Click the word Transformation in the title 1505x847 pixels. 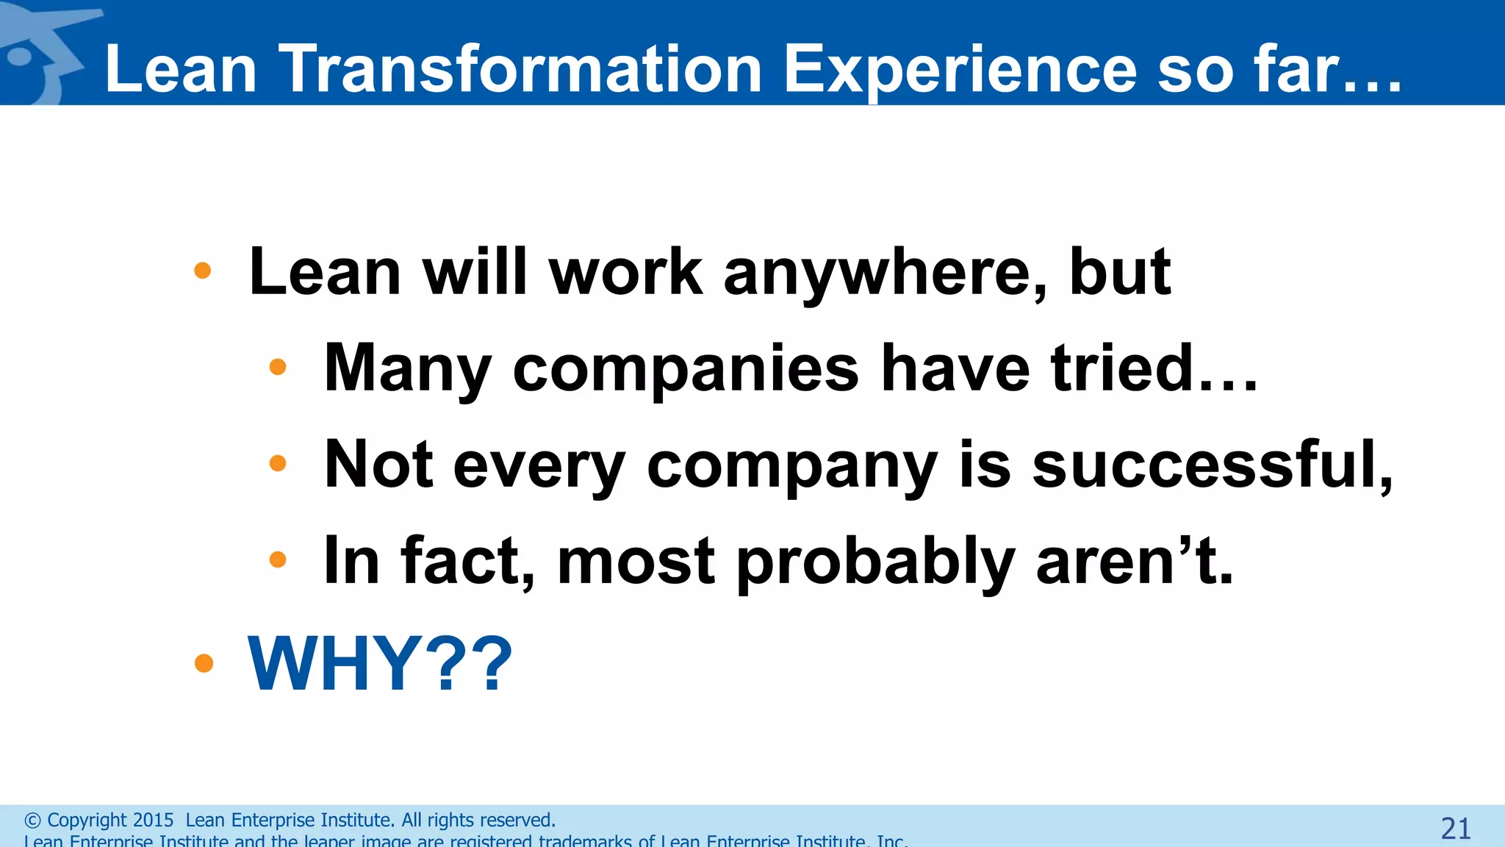[520, 69]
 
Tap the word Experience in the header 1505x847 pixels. [960, 69]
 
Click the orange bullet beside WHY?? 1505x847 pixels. [204, 664]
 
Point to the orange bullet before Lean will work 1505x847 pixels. [203, 271]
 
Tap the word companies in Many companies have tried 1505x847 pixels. [685, 370]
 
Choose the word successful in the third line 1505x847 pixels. [1213, 465]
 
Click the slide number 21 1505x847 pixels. [1455, 829]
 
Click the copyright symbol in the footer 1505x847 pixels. [32, 821]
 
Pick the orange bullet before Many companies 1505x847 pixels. [278, 367]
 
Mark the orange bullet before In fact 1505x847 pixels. [278, 560]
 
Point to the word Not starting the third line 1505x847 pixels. [378, 465]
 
